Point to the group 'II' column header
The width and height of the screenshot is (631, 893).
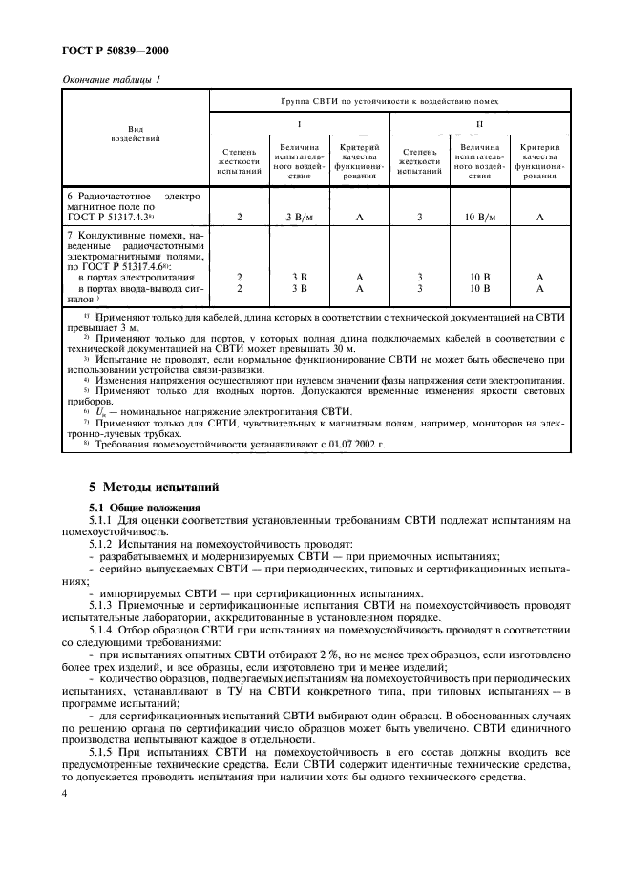tap(480, 124)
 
